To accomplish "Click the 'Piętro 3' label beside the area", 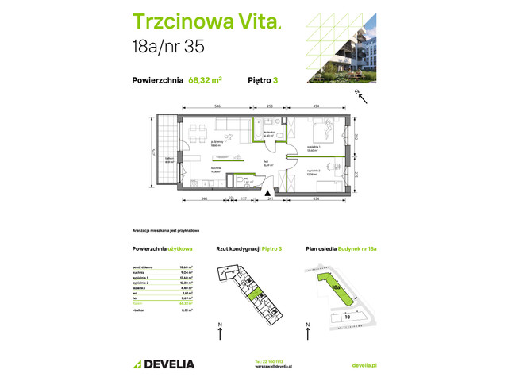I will (265, 79).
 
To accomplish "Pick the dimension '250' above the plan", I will (270, 106).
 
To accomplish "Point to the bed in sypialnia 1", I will (326, 130).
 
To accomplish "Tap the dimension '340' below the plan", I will (204, 198).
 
